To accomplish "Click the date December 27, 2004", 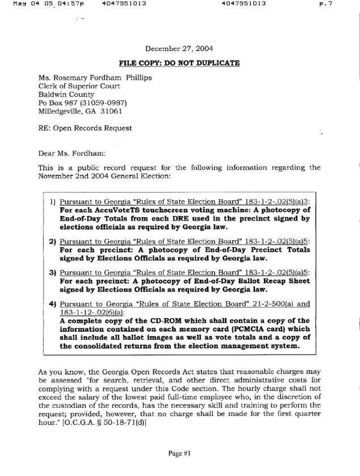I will [179, 49].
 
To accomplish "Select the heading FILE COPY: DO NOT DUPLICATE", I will [179, 62].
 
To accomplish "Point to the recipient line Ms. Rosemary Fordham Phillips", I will [95, 78].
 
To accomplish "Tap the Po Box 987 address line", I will [82, 103].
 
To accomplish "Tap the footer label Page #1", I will [179, 453].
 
